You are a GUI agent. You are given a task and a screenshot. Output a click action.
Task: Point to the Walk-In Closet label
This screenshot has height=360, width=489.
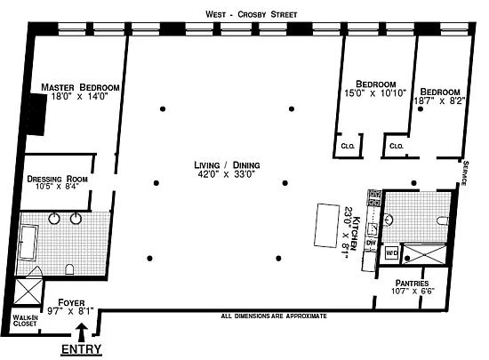coord(25,321)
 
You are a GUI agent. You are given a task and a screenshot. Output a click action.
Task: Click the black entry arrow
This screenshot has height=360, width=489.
coord(82,332)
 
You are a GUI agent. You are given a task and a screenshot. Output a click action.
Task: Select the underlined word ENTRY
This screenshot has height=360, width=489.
coord(81,349)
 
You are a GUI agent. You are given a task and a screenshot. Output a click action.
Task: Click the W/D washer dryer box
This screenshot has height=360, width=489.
coord(392,252)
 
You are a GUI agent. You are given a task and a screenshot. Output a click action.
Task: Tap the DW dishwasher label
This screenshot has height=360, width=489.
coord(371,242)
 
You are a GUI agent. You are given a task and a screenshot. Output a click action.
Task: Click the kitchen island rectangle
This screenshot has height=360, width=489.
coord(326,226)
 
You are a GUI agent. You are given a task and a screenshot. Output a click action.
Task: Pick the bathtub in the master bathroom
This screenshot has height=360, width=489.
coord(28,242)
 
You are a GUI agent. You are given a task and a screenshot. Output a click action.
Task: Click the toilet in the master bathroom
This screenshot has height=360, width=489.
coord(69,269)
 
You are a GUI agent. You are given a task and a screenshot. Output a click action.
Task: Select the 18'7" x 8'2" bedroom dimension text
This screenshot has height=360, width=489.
coord(439,101)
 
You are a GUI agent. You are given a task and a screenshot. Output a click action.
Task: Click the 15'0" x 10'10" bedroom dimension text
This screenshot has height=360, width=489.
coord(375,92)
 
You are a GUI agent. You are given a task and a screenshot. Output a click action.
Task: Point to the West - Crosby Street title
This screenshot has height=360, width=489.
coord(252,14)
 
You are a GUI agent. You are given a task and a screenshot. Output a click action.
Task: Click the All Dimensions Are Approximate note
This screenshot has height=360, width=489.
coord(274,316)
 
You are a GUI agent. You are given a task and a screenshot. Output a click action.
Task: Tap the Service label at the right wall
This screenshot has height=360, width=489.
coord(465,173)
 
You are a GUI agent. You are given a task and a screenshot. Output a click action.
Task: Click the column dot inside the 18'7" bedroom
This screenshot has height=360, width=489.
coord(421,109)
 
